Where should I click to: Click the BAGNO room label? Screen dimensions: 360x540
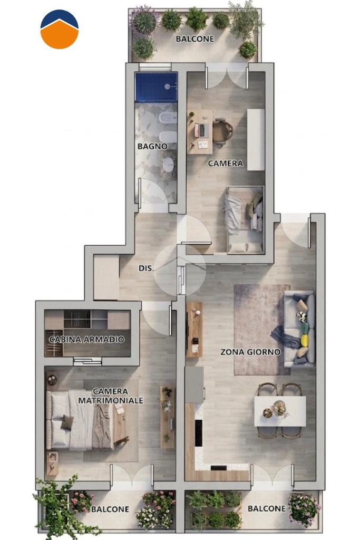point(152,146)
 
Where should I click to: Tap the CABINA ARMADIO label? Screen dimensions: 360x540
point(86,340)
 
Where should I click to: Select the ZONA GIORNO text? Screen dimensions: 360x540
point(250,352)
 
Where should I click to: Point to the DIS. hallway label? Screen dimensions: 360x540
point(146,268)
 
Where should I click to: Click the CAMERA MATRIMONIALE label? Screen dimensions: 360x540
point(111,396)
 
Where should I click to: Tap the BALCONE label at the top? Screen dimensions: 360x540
point(195,39)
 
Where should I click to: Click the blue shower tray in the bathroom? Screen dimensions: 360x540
point(156,87)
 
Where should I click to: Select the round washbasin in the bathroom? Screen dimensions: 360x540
point(168,165)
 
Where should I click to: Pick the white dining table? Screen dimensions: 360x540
point(280,411)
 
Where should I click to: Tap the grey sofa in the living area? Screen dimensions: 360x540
point(299,328)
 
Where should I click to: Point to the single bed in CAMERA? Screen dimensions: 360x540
point(244,219)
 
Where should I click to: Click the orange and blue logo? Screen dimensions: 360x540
point(60,30)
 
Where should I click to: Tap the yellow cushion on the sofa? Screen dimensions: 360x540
point(305,340)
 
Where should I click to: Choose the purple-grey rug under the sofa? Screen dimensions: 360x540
point(260,330)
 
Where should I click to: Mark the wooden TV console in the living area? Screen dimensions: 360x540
point(194,330)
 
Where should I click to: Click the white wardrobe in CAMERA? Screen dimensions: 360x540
point(256,139)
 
